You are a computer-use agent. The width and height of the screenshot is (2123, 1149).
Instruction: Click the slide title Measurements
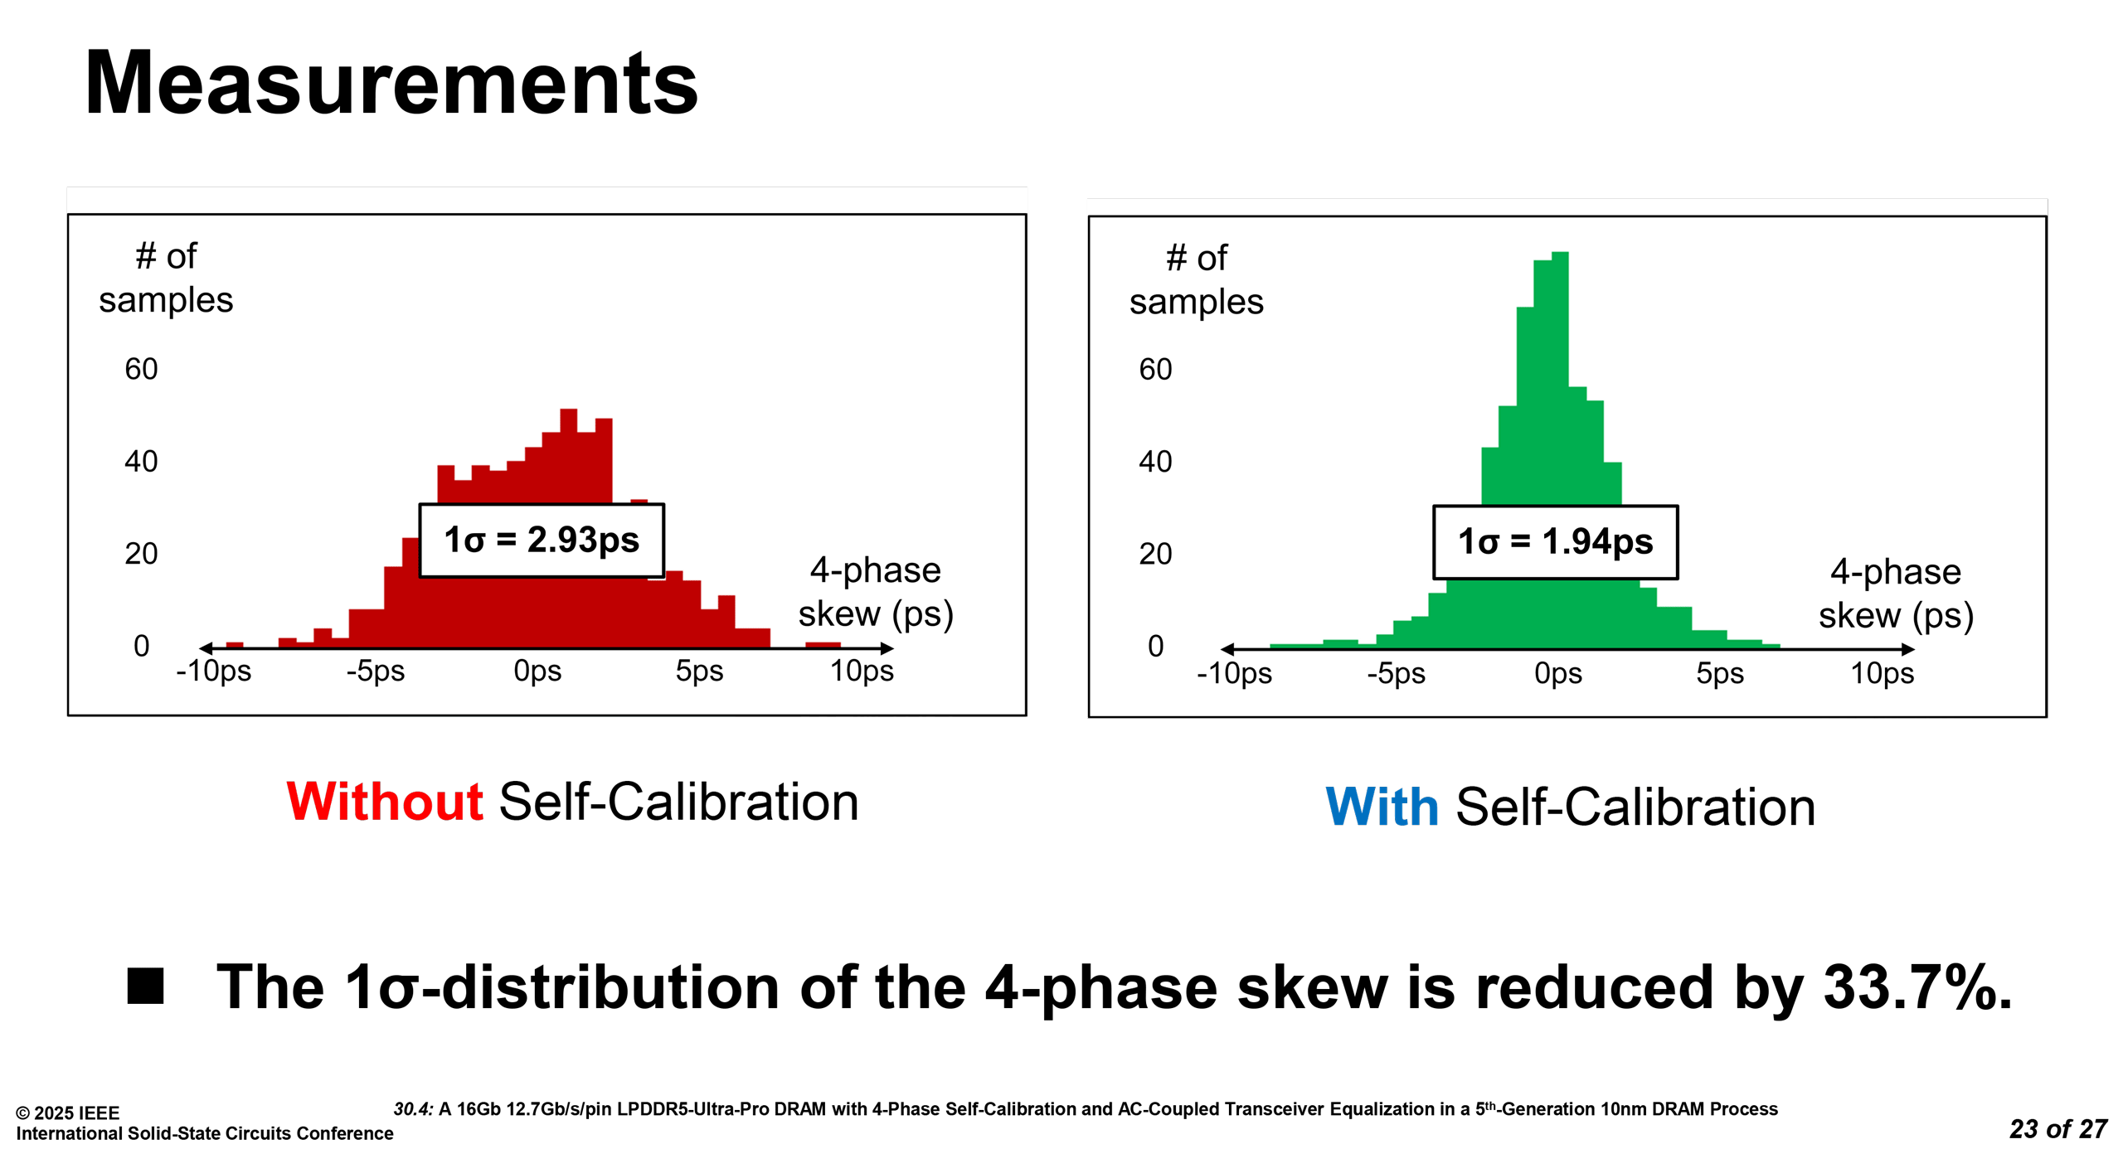point(391,83)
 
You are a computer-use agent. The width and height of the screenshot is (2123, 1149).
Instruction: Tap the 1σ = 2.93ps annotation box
point(542,540)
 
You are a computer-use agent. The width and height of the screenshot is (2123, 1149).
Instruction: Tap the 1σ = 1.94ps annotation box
point(1555,542)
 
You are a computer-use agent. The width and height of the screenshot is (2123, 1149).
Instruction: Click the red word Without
point(385,802)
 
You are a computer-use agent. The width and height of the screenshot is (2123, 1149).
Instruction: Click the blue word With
point(1382,807)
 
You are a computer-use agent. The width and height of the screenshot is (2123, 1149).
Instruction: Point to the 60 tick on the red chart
point(141,369)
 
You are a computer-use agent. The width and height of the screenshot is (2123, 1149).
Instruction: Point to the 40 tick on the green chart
point(1155,462)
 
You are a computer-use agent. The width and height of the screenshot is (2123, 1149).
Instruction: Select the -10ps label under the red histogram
point(213,671)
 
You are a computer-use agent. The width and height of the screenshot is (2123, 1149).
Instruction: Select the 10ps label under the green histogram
point(1883,673)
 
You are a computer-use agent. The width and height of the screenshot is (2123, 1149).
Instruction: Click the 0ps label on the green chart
point(1557,673)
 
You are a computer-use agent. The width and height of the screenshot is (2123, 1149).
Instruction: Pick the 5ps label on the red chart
point(699,671)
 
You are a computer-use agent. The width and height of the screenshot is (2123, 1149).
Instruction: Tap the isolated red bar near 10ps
point(823,644)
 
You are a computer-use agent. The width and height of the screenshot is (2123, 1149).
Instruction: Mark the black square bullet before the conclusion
point(145,986)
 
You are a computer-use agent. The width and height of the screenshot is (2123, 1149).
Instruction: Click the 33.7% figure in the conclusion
point(1917,987)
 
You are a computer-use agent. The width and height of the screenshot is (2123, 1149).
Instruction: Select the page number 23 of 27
point(2058,1129)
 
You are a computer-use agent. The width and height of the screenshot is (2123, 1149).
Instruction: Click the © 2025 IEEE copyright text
point(68,1113)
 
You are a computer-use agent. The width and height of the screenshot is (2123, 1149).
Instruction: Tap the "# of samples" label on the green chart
point(1197,280)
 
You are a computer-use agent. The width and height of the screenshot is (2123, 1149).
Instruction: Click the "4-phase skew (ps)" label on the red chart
point(876,592)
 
